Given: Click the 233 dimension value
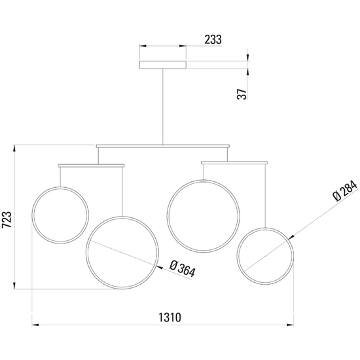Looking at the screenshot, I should coord(213,39).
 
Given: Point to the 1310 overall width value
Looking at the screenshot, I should coord(170,317).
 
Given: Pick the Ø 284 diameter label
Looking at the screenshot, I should coord(344,189).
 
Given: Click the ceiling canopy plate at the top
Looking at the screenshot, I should coord(162,64).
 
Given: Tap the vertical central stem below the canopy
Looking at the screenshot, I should coord(162,105).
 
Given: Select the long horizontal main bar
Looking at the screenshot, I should coord(163,145).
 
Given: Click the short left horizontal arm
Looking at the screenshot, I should coord(91,165).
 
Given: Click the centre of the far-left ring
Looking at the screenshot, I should coord(61,215).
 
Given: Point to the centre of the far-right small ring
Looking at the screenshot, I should coord(264,255).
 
